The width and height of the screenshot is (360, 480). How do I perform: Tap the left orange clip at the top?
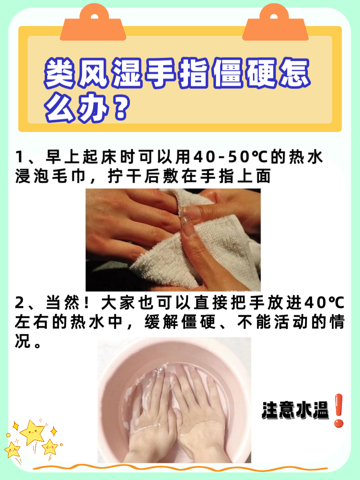tap(93, 24)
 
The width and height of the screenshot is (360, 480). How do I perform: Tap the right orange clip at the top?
tap(275, 24)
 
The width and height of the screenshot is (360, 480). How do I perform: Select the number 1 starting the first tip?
tap(20, 158)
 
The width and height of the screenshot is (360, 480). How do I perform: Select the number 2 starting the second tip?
tap(20, 304)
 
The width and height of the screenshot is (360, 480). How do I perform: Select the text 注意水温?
tap(295, 411)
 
